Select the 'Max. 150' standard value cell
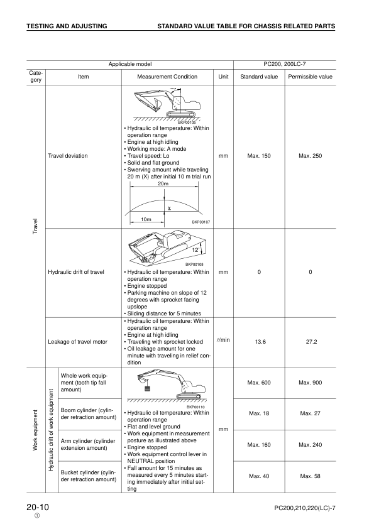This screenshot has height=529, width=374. point(259,155)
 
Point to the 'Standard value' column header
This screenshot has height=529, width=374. point(259,77)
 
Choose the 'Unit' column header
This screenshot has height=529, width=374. point(223,77)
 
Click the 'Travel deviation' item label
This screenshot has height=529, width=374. point(68,155)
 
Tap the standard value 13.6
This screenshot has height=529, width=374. point(259,342)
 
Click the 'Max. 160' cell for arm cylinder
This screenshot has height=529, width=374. point(259,445)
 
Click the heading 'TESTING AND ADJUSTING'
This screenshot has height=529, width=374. point(67,26)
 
